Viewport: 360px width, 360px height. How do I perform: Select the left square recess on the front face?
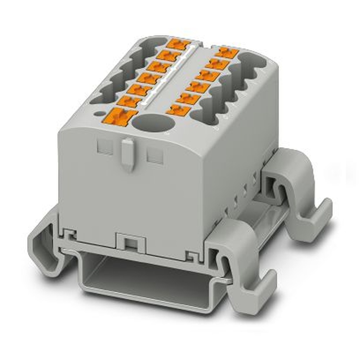[x=105, y=147]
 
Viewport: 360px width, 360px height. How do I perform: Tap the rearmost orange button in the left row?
[x=179, y=45]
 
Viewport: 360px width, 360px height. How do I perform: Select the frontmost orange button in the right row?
[x=179, y=109]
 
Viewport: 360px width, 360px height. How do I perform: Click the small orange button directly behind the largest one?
[x=129, y=101]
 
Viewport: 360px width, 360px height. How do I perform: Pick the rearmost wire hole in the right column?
[x=252, y=61]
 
